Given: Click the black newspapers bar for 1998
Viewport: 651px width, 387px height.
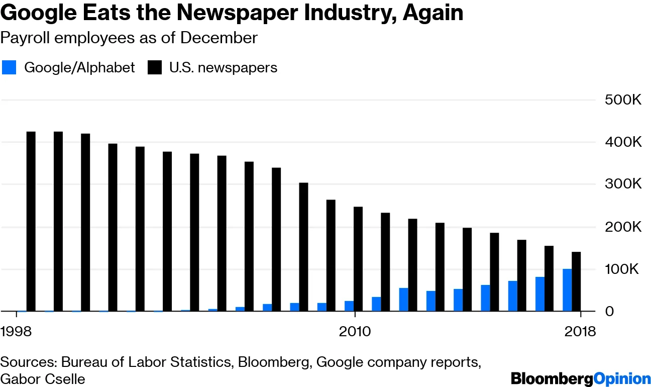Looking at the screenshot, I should click(x=31, y=221).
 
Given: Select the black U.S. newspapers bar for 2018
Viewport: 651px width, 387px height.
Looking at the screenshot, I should click(x=576, y=281).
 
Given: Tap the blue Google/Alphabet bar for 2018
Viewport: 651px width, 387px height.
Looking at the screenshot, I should click(x=567, y=290).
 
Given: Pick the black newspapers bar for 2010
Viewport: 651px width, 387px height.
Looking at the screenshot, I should click(x=358, y=259).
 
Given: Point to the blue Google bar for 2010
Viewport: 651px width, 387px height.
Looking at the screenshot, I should click(x=349, y=306).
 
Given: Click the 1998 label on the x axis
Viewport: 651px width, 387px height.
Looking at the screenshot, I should click(x=16, y=332).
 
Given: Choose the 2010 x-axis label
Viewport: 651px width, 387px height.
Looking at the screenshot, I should click(x=355, y=332).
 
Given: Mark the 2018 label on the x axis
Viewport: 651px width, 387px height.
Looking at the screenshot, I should click(x=580, y=332).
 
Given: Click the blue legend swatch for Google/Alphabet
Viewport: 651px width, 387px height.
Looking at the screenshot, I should click(x=10, y=67).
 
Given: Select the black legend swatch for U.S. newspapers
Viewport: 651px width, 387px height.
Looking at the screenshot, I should click(x=155, y=67).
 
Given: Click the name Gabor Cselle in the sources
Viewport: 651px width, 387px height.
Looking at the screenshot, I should click(x=43, y=378).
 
